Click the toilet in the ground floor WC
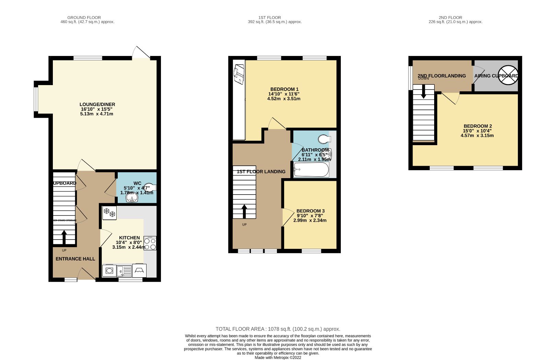pyautogui.click(x=150, y=187)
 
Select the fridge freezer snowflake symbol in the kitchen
pyautogui.click(x=109, y=213)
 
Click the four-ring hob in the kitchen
pyautogui.click(x=150, y=243)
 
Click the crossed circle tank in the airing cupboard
pyautogui.click(x=508, y=75)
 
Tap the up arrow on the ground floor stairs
pyautogui.click(x=64, y=237)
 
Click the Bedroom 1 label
pyautogui.click(x=284, y=89)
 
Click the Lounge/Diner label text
pyautogui.click(x=97, y=104)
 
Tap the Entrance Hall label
pyautogui.click(x=75, y=259)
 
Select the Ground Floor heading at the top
pyautogui.click(x=84, y=18)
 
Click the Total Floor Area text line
pyautogui.click(x=278, y=329)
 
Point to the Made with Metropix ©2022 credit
pyautogui.click(x=278, y=357)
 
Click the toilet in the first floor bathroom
pyautogui.click(x=324, y=139)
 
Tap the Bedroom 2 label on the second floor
pyautogui.click(x=477, y=126)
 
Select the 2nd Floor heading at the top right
pyautogui.click(x=450, y=18)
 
